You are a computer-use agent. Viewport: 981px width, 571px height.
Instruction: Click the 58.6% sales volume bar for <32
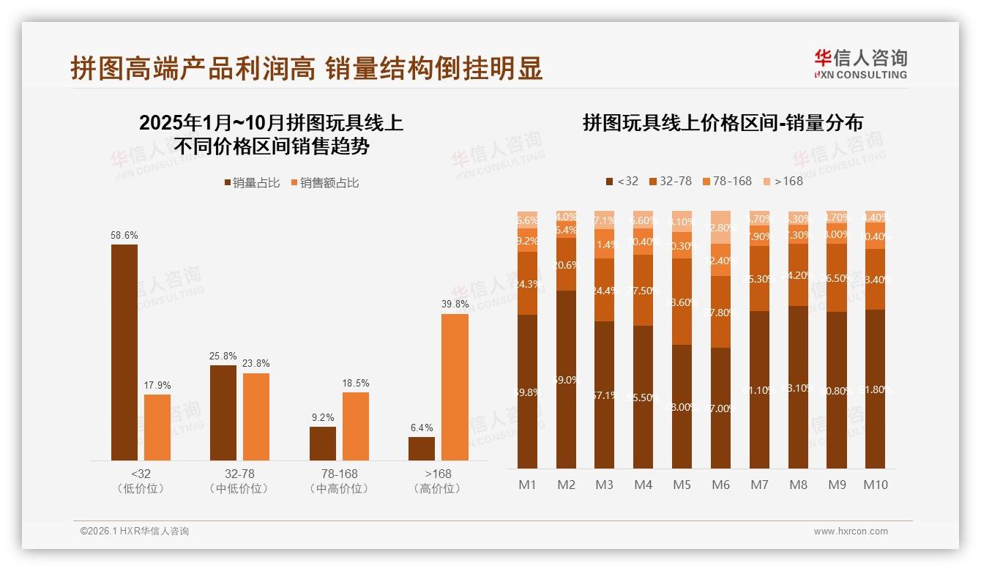point(124,351)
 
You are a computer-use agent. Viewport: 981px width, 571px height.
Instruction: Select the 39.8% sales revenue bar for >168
point(455,387)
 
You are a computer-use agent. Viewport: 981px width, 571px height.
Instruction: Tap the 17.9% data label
point(157,386)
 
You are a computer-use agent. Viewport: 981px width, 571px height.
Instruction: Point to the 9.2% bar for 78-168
point(323,443)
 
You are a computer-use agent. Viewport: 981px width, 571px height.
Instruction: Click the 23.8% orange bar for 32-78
point(256,416)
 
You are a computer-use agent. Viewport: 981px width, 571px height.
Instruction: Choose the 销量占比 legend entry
point(253,182)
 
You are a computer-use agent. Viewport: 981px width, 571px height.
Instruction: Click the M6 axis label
point(721,485)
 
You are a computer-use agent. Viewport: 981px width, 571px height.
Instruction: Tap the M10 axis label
point(875,485)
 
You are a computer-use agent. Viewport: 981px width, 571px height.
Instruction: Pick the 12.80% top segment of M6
point(721,228)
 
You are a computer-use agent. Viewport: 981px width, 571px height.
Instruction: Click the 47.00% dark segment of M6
point(721,408)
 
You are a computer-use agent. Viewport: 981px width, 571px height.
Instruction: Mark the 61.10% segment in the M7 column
point(759,389)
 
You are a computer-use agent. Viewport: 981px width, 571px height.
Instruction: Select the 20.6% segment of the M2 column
point(566,265)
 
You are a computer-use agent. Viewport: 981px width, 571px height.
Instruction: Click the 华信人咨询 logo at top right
point(860,64)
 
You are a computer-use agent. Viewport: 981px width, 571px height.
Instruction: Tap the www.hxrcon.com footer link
point(851,531)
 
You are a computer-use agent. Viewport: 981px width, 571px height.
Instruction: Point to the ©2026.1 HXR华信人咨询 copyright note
point(134,531)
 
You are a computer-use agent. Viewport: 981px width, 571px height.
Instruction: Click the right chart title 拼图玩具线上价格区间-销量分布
point(722,122)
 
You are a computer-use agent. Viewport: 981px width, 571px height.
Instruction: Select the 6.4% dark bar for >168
point(422,449)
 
